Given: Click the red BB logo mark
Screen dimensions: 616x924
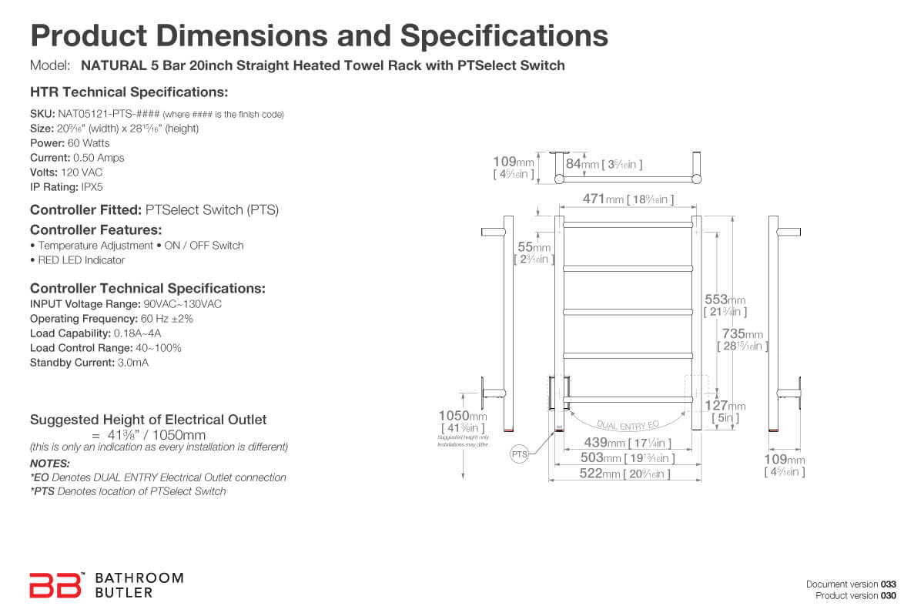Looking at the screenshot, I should (55, 585).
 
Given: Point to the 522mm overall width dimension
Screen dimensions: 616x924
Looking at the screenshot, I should (624, 474).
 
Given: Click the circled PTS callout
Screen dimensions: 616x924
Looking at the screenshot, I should (520, 454).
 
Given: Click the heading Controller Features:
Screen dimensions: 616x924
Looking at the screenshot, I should (95, 229).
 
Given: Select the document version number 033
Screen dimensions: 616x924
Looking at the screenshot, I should (888, 584).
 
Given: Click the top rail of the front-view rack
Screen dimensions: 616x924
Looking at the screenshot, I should (628, 225).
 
